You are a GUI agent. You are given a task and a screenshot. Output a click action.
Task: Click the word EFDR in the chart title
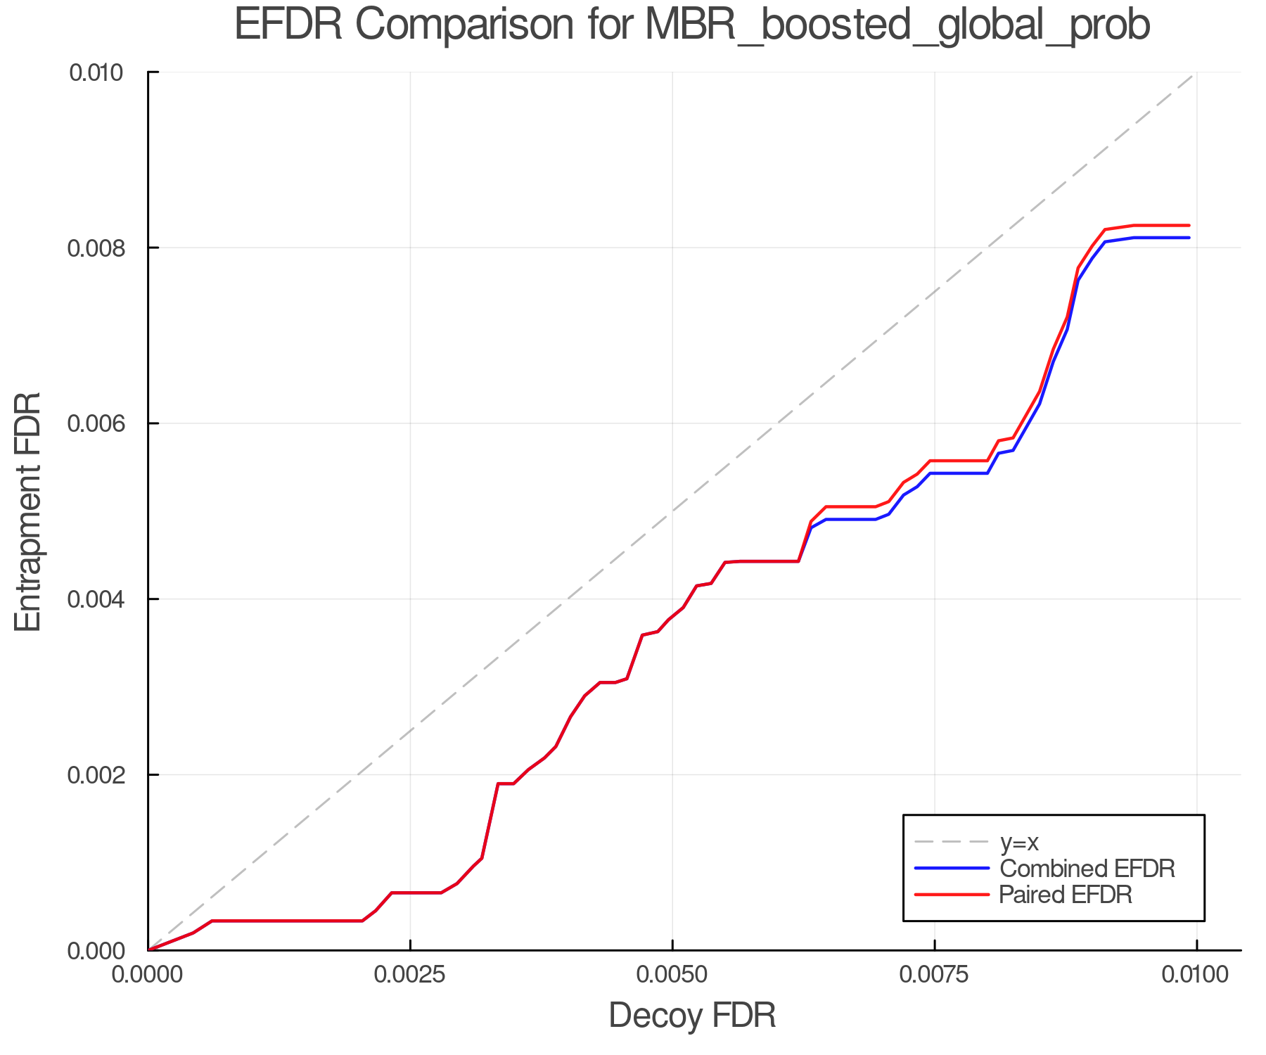tap(288, 25)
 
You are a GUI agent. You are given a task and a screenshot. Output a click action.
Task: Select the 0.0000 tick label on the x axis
tap(148, 975)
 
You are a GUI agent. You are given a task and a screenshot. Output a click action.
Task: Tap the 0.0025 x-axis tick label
tap(410, 975)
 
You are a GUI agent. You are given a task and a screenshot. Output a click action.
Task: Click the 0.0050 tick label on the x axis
tap(672, 975)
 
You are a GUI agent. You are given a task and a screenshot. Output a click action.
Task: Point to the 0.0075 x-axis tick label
tap(935, 975)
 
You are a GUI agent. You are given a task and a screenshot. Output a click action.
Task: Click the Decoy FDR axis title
tap(692, 1016)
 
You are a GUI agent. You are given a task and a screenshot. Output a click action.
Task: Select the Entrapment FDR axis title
tap(28, 512)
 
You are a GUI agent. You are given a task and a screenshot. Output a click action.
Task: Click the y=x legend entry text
tap(1019, 842)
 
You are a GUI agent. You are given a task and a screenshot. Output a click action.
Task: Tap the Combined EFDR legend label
tap(1087, 869)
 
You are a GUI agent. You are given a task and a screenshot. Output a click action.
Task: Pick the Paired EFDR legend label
tap(1065, 895)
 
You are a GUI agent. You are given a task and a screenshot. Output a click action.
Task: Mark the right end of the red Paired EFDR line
tap(1189, 226)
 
